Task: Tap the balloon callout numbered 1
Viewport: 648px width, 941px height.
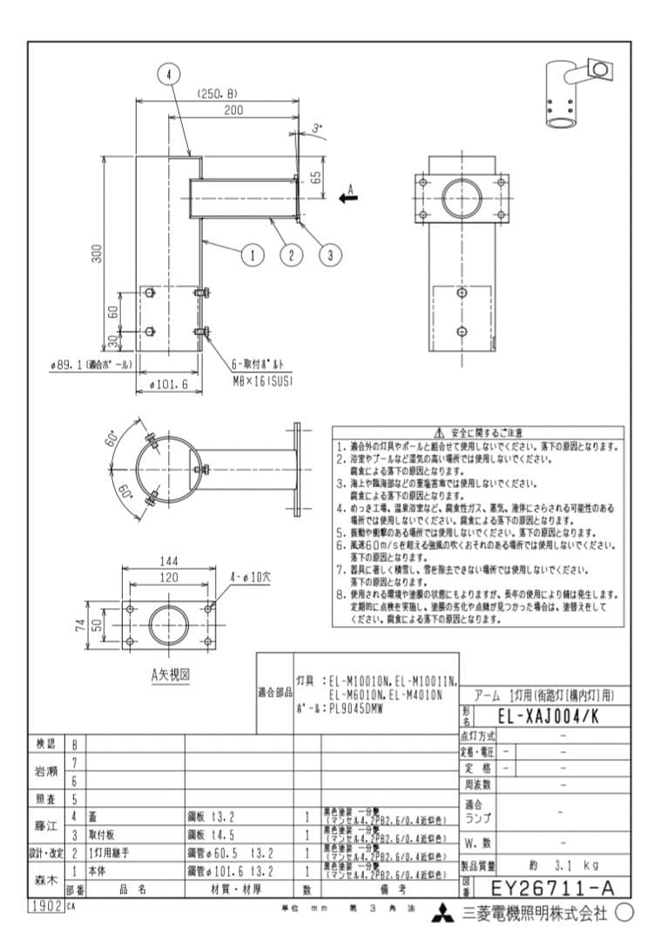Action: pos(253,254)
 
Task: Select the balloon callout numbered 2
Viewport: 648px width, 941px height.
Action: pos(291,254)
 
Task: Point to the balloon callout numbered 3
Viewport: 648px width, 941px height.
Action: pos(330,254)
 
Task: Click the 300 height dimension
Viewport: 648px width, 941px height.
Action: pos(98,253)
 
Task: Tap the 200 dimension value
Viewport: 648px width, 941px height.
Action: pos(233,110)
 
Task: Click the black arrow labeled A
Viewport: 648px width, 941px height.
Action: pos(348,198)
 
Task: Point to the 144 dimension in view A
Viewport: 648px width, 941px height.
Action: pos(168,562)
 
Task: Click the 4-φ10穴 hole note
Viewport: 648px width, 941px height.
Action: pos(250,576)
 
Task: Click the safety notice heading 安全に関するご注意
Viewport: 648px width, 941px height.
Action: pos(478,433)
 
